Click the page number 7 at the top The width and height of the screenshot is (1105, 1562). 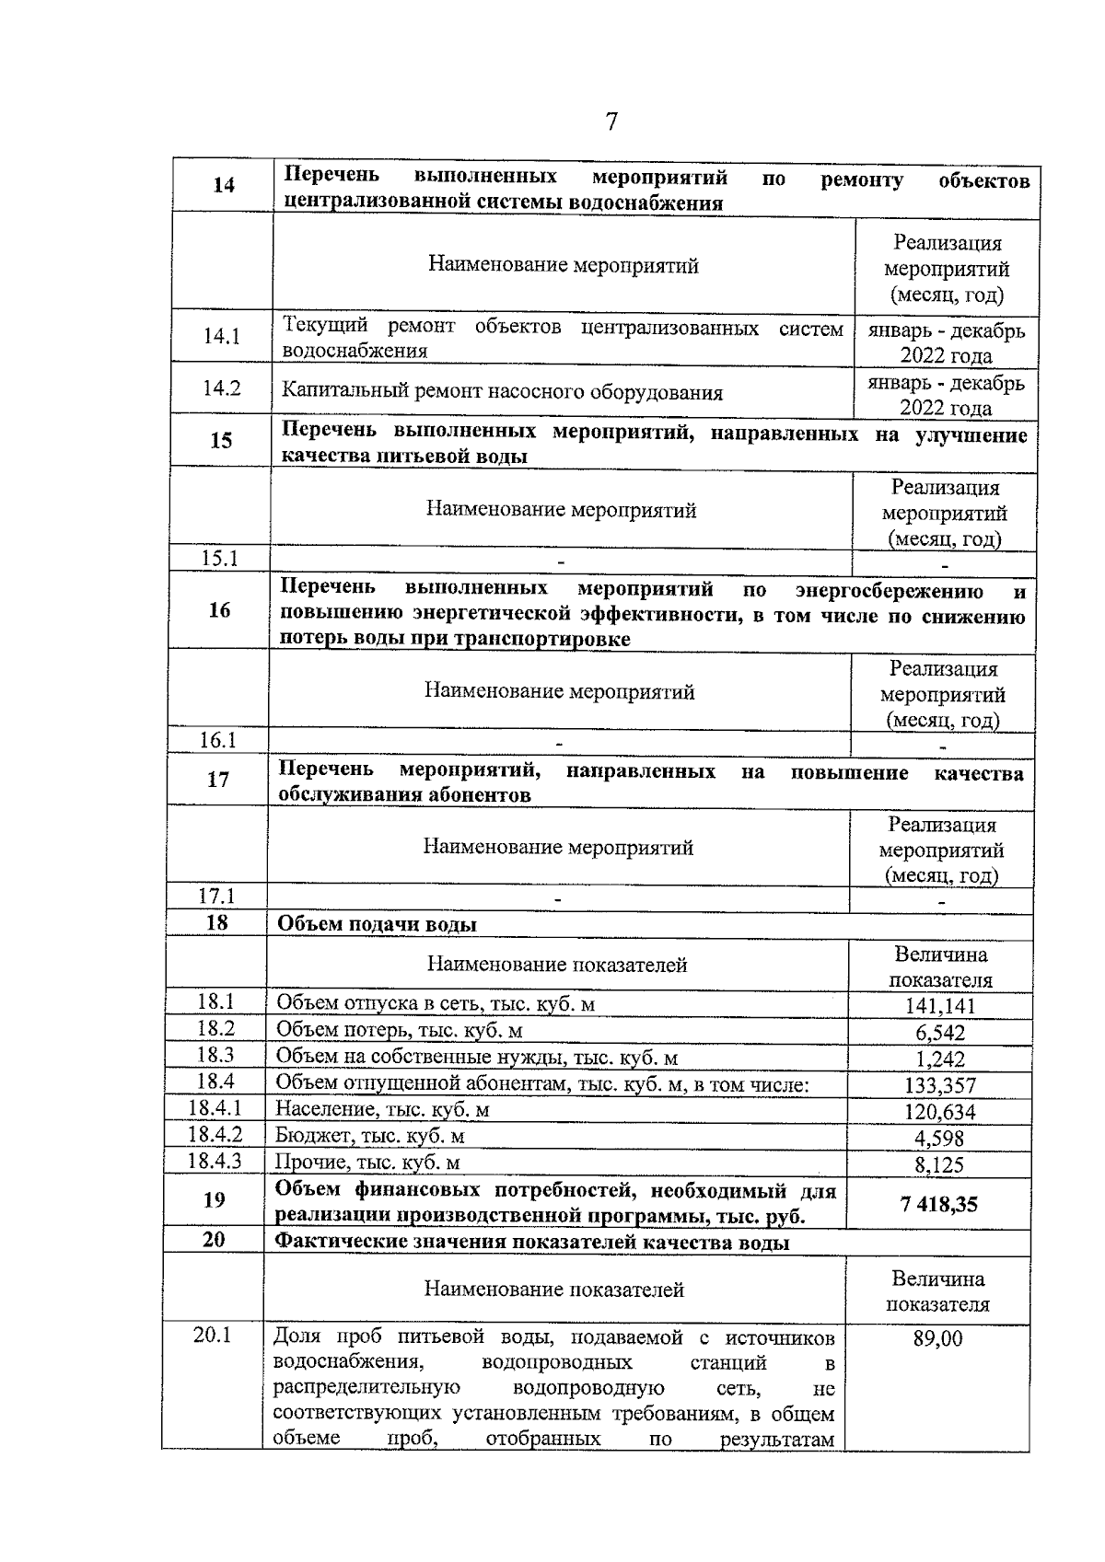click(611, 122)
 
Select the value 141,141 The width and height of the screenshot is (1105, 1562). click(939, 1006)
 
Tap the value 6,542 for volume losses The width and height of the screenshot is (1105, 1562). click(939, 1033)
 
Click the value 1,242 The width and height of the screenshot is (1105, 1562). click(939, 1059)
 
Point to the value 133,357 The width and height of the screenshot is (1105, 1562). click(939, 1086)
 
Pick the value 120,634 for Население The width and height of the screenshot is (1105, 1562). click(939, 1112)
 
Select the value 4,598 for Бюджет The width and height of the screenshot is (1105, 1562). click(939, 1139)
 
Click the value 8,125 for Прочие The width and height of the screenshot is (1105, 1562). click(939, 1165)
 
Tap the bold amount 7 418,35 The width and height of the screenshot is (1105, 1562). click(938, 1204)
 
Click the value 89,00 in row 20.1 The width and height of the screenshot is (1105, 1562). click(937, 1338)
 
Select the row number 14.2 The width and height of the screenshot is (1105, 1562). click(222, 388)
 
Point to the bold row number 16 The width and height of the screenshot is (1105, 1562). click(219, 609)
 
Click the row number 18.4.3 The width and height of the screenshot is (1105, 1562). click(215, 1161)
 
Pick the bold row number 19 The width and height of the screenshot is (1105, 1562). click(214, 1199)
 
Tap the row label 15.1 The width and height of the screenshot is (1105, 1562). click(219, 558)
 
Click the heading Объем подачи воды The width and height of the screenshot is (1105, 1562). click(377, 924)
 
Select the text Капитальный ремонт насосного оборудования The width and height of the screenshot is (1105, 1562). click(502, 392)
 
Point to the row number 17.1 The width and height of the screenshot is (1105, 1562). click(217, 896)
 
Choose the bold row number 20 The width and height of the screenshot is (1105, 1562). click(213, 1240)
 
